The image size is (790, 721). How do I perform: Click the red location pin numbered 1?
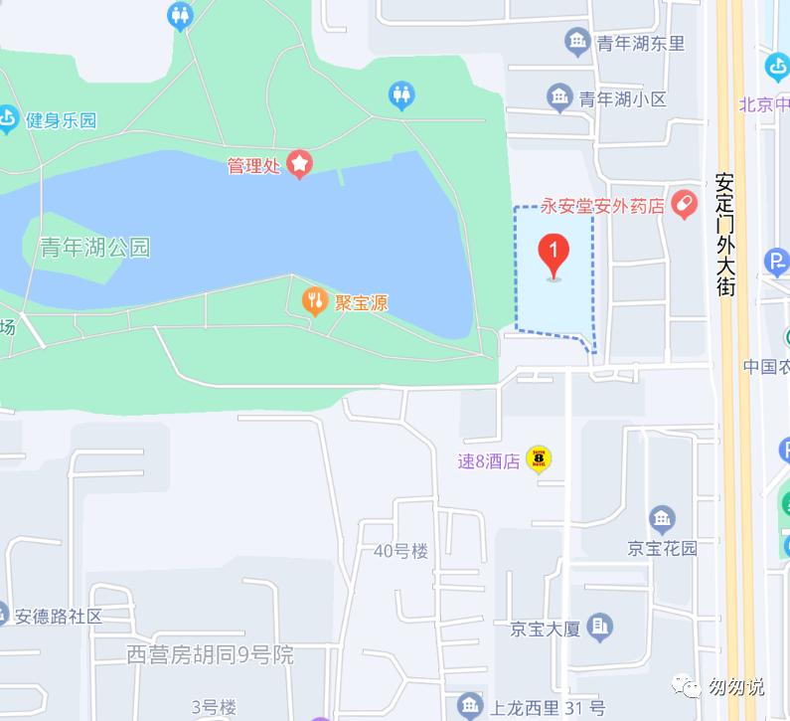553,255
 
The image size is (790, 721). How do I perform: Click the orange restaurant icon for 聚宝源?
315,302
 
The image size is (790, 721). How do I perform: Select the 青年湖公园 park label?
94,247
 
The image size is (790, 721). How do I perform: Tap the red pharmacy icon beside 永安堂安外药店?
684,206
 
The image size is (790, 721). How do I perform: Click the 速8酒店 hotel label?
489,460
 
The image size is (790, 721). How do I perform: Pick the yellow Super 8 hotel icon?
539,459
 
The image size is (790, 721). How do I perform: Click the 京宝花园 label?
662,548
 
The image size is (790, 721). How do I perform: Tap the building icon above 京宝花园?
662,519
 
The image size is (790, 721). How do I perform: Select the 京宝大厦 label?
546,629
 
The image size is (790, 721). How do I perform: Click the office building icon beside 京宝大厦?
599,627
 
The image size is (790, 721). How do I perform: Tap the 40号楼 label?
400,551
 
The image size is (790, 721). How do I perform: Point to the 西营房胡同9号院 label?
211,654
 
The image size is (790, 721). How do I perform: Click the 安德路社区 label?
59,616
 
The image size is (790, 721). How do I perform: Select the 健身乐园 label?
61,120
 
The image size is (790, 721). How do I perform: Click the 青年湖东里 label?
641,43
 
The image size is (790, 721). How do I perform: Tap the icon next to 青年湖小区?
559,97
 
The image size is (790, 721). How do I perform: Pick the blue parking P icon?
776,263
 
